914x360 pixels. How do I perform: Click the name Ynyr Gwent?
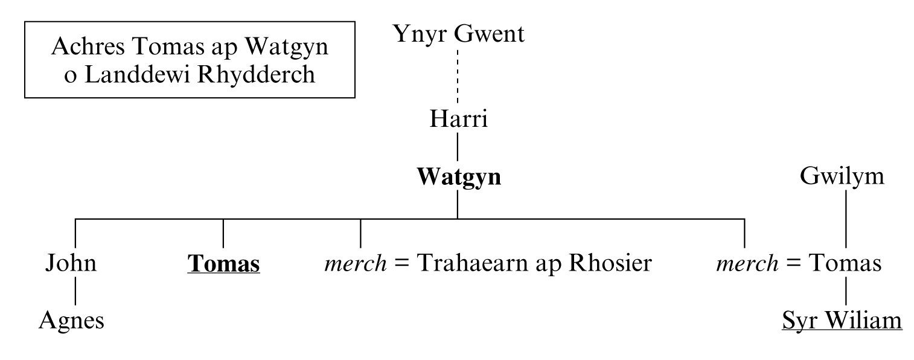pos(458,34)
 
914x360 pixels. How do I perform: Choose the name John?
pos(71,265)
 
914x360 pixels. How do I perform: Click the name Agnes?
pos(71,321)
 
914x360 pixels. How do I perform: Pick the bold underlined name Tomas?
pos(223,265)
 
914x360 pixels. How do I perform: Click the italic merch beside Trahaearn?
pos(351,265)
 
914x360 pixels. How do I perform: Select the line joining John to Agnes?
pos(75,294)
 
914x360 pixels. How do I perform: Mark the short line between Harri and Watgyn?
pos(458,148)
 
